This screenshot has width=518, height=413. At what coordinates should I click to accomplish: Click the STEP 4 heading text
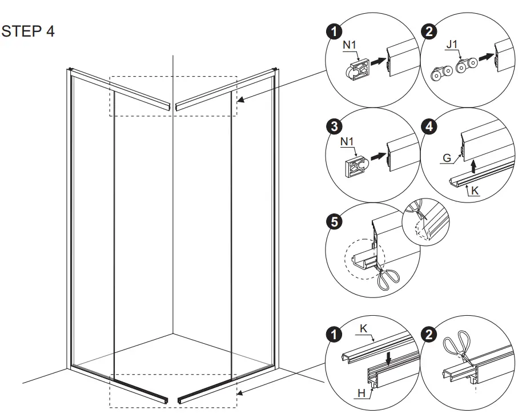click(x=29, y=31)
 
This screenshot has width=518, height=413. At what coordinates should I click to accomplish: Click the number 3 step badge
click(x=334, y=126)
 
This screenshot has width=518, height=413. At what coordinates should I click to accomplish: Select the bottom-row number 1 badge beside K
click(x=334, y=333)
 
